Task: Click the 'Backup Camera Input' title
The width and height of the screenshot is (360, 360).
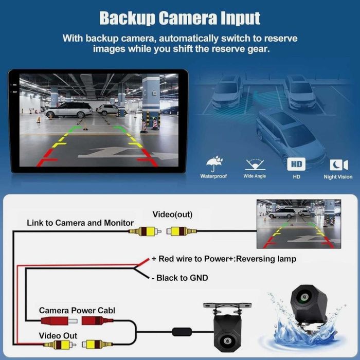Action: (x=180, y=18)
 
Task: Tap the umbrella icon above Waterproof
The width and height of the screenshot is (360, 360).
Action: (x=214, y=164)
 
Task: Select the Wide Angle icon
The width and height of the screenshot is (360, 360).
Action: (x=255, y=165)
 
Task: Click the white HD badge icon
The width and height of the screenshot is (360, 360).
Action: (x=296, y=164)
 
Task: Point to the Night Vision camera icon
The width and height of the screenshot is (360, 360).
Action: (x=338, y=165)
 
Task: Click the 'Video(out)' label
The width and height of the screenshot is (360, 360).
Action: (x=172, y=214)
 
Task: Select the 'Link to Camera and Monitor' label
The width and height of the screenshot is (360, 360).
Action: (x=80, y=223)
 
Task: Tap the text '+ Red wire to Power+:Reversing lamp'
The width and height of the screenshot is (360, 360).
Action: (x=224, y=259)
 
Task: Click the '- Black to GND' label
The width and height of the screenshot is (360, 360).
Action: (x=180, y=278)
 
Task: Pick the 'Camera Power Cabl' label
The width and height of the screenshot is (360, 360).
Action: (x=77, y=311)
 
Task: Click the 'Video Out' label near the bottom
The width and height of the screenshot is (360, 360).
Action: (x=58, y=336)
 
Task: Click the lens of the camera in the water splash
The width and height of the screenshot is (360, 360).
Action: (x=304, y=297)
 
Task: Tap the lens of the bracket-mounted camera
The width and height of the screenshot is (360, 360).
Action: (x=227, y=340)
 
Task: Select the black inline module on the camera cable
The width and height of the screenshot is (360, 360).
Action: (x=182, y=332)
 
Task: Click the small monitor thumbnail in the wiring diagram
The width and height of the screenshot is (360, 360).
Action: (x=299, y=224)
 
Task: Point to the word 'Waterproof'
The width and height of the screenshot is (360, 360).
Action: (x=213, y=176)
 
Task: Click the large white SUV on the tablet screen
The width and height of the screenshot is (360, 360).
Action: (x=68, y=110)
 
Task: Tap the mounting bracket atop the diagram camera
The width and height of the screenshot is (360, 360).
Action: (x=227, y=307)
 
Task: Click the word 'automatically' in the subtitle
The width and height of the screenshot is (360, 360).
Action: (x=189, y=39)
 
